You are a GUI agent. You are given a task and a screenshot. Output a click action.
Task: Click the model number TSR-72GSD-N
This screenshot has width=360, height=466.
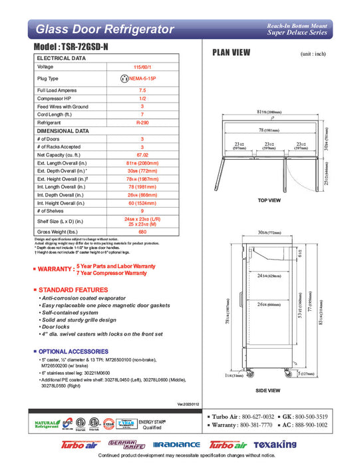tap(75, 49)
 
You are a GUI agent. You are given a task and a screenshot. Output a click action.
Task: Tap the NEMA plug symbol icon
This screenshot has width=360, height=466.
tap(124, 79)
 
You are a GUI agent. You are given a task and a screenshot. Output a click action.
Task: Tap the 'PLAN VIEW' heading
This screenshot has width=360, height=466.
tap(231, 53)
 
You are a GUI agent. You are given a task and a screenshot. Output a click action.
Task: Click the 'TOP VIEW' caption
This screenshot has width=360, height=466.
tap(269, 200)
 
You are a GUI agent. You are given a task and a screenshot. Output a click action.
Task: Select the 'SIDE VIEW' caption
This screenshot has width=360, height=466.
tap(269, 390)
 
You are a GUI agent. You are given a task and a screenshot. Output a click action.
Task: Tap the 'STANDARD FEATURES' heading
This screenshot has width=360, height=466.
tap(73, 290)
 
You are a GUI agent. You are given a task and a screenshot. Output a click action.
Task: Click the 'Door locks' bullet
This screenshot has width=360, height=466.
tap(59, 328)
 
